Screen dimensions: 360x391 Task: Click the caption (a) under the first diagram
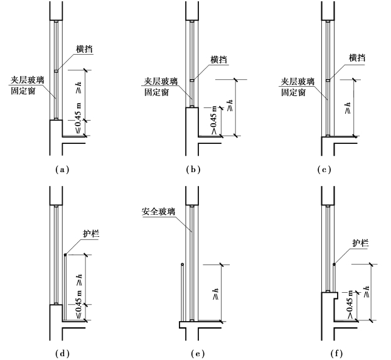(61, 170)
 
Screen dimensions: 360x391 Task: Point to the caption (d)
(61, 354)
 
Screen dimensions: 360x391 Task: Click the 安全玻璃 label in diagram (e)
(157, 213)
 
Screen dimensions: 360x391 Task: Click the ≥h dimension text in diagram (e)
(217, 293)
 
